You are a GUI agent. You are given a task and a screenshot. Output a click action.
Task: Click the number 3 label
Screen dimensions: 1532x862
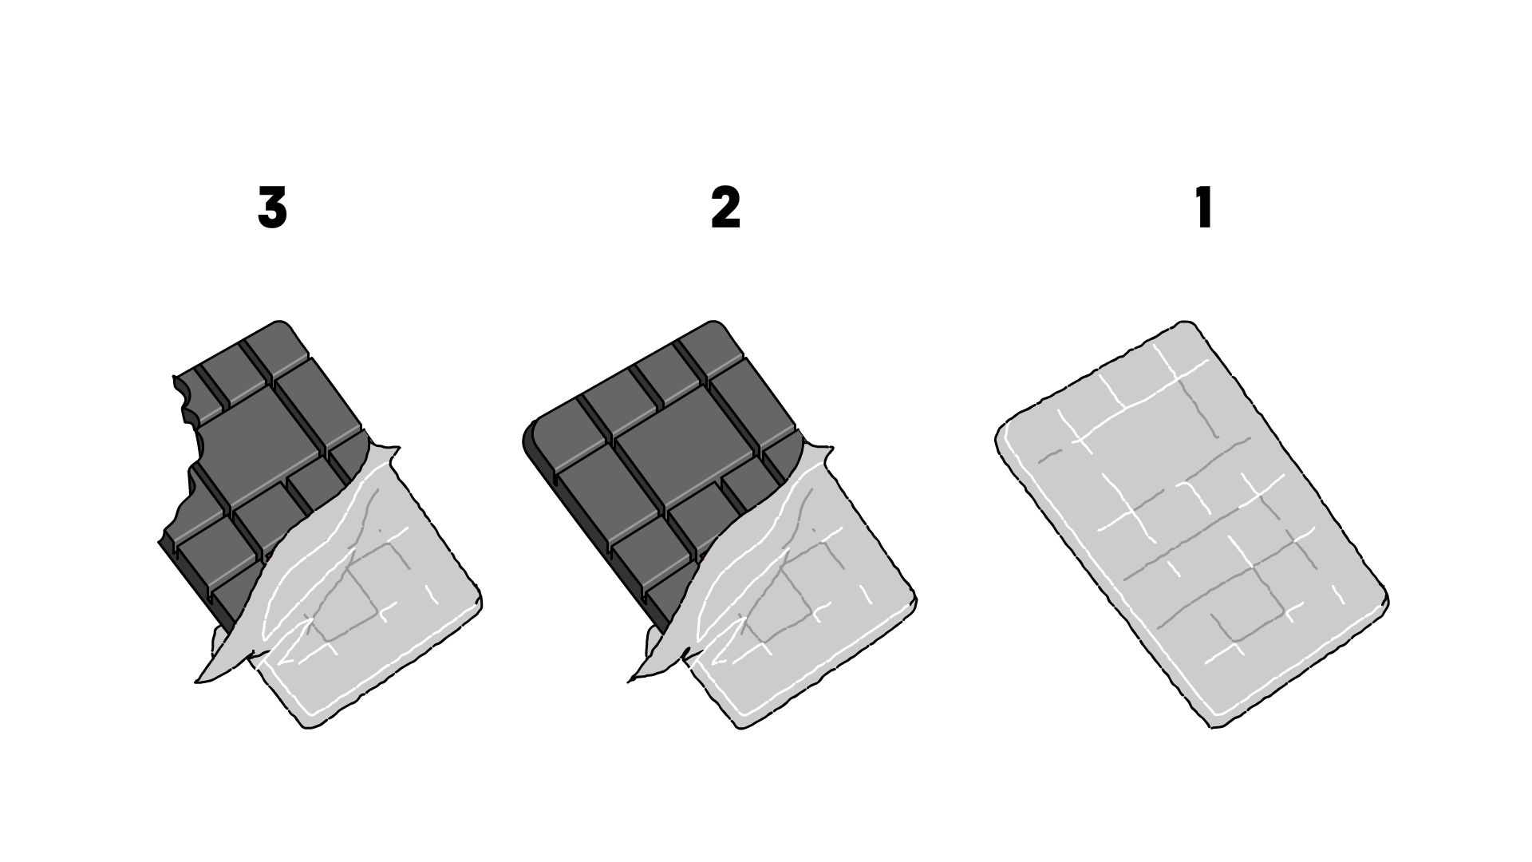[272, 209]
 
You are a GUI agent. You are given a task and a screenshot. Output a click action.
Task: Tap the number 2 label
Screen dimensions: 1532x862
[725, 209]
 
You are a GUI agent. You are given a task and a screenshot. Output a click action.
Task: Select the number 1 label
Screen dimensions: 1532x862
[1204, 209]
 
